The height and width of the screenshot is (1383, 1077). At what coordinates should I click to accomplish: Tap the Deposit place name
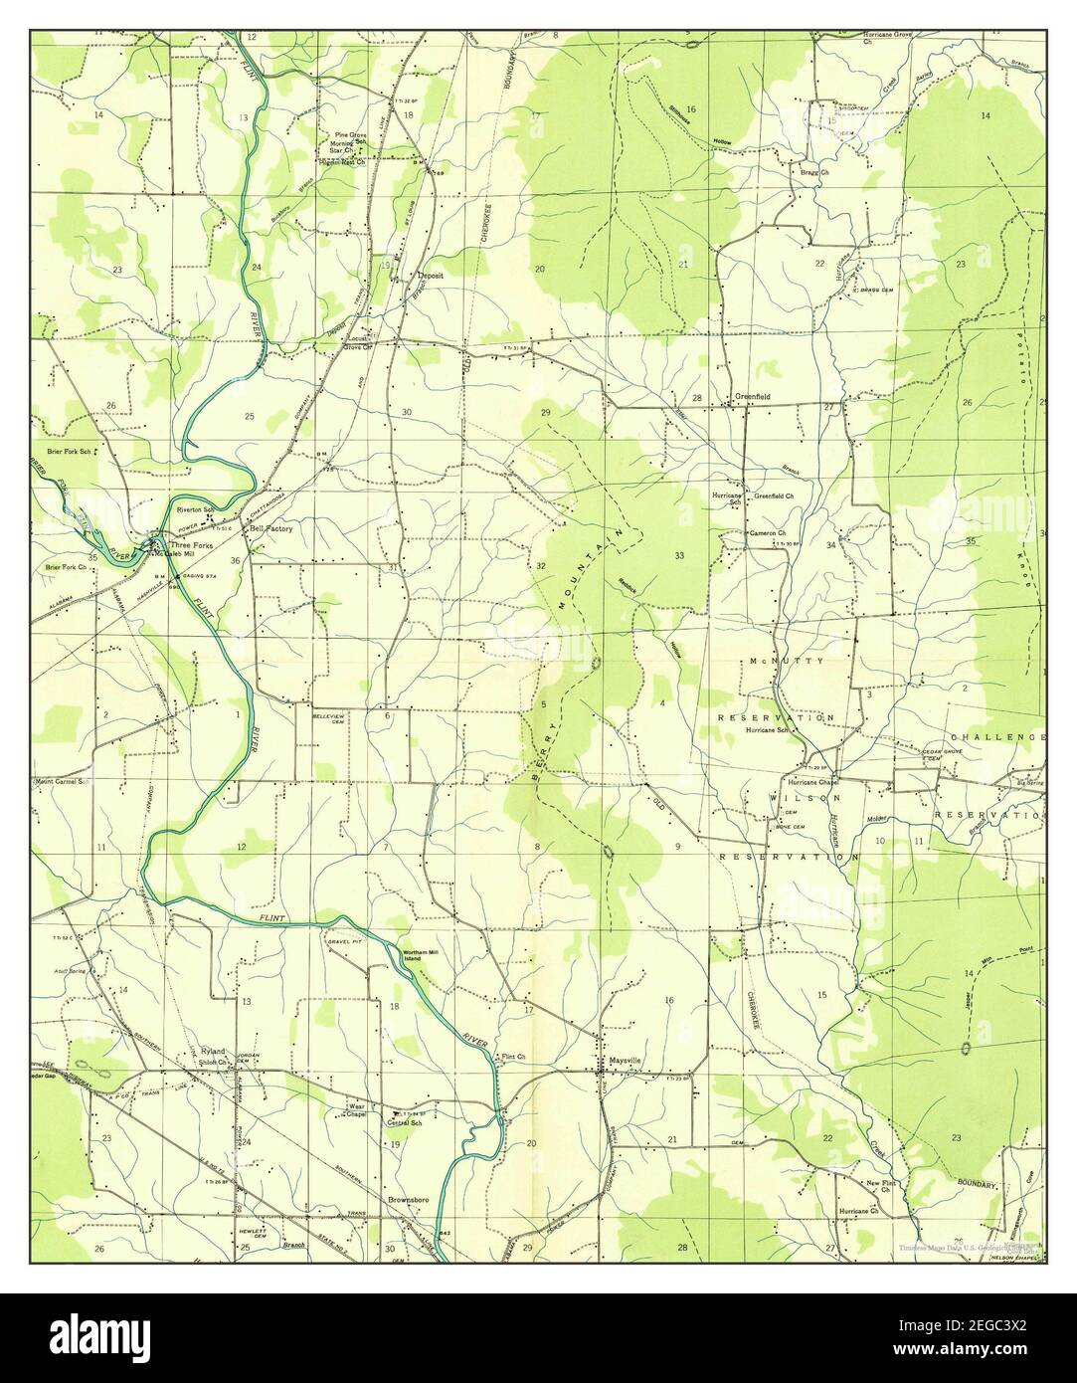[x=431, y=275]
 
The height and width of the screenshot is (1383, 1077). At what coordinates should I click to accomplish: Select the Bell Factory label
[x=270, y=529]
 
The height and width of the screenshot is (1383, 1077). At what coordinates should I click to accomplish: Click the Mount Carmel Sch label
[x=62, y=781]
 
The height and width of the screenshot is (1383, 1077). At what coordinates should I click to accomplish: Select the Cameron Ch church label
[x=768, y=533]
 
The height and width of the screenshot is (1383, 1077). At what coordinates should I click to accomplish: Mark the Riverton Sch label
[x=196, y=509]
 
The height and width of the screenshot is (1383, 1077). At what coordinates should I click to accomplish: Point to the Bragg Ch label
[x=809, y=172]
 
